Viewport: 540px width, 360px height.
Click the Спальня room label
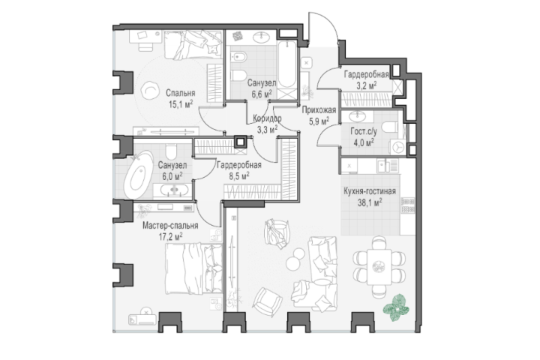[181, 93]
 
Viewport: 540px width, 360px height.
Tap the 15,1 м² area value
[181, 103]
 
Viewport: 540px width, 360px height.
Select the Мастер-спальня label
[170, 226]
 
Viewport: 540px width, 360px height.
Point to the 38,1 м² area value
[370, 202]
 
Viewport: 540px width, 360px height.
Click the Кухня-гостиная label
[370, 191]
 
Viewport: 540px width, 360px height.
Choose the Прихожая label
[319, 110]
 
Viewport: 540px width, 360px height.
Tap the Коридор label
[267, 118]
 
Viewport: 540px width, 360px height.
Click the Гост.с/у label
[364, 131]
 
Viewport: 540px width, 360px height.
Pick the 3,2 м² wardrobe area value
[367, 85]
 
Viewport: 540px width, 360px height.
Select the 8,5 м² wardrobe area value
[239, 176]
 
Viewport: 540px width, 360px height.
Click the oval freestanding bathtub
[139, 175]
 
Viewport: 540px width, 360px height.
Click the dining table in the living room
[379, 267]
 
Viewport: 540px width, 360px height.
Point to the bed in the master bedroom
[193, 268]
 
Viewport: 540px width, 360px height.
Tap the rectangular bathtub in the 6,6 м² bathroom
[286, 64]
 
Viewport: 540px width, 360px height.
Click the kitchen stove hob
[408, 205]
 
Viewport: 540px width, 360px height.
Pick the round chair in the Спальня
[149, 91]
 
